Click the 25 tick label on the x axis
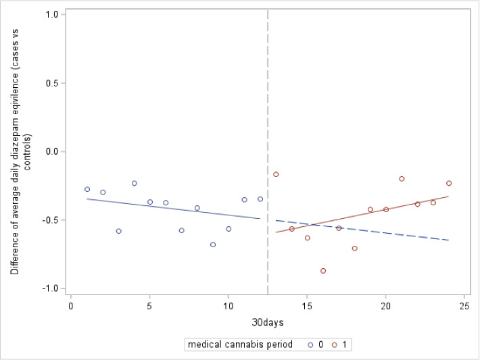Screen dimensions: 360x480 pos(464,306)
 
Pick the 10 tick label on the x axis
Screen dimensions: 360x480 pos(229,306)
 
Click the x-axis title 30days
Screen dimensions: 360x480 pos(268,322)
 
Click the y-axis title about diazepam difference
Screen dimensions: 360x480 pos(19,151)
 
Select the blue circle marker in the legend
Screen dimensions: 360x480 pos(310,344)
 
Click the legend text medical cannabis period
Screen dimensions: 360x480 pos(240,344)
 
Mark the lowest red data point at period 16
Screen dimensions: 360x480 pos(323,271)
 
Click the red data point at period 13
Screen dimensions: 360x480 pos(276,174)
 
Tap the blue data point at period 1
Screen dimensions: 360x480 pos(87,189)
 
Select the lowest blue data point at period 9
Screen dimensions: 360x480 pos(213,245)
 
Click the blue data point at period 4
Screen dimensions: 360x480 pos(135,183)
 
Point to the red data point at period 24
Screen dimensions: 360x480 pos(449,183)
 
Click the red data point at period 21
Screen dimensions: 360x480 pos(402,179)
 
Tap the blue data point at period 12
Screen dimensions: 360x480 pos(260,199)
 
